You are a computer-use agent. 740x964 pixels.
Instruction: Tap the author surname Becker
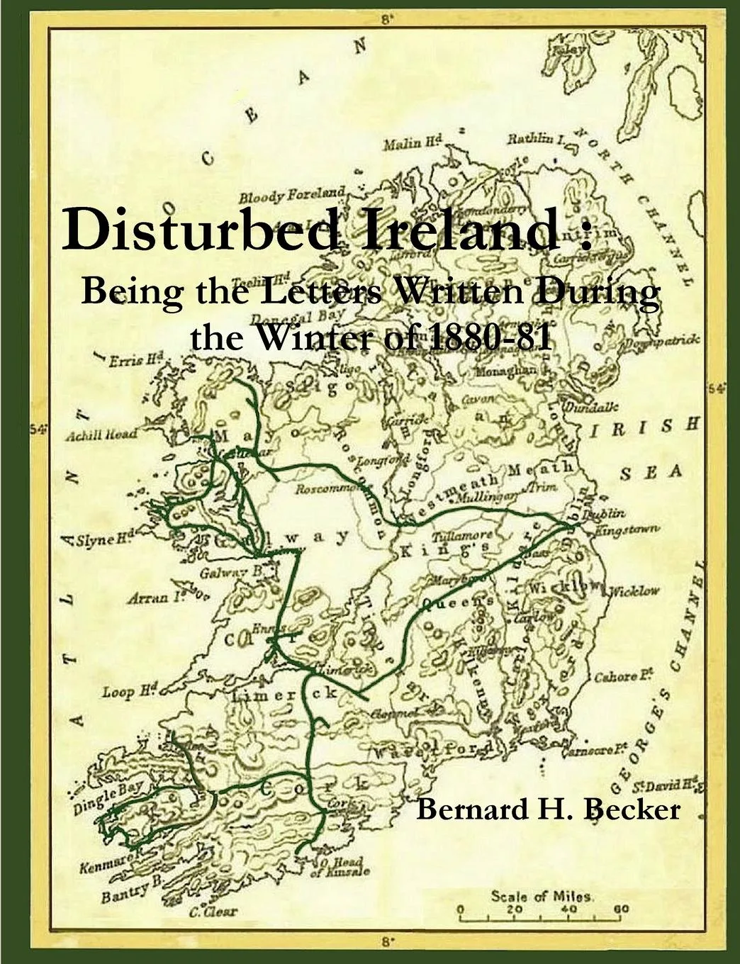point(632,808)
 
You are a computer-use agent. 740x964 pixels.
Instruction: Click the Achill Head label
point(100,435)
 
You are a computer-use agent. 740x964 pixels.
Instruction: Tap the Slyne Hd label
point(105,540)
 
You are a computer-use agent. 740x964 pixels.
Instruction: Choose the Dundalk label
point(590,407)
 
